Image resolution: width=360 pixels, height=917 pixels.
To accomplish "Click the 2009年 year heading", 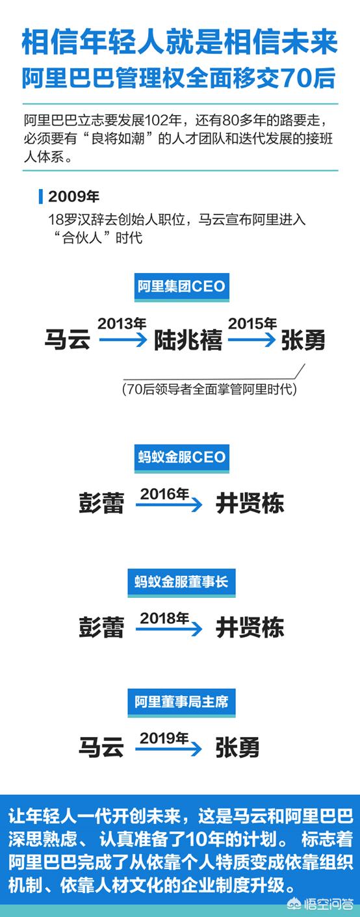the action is [73, 196].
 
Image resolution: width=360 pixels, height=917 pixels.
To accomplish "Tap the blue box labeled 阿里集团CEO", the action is [181, 287].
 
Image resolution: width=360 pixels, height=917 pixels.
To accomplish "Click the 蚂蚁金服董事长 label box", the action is [181, 582].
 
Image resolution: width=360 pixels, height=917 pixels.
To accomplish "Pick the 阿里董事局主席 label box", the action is [181, 703].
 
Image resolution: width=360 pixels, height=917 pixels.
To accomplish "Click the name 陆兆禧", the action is [188, 341].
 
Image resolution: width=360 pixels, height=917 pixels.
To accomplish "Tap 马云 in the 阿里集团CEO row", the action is [67, 340].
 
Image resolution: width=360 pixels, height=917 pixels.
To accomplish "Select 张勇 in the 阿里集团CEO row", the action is [303, 341].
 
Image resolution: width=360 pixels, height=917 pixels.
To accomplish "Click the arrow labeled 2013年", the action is [123, 339].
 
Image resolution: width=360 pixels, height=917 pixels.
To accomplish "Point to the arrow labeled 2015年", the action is [252, 339].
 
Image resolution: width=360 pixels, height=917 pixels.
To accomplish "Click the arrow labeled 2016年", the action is [169, 504].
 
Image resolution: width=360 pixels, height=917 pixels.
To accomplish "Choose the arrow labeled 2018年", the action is [169, 628].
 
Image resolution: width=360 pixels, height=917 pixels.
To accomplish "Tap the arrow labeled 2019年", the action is [169, 749].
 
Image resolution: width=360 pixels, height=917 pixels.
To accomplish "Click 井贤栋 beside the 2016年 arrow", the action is [250, 504].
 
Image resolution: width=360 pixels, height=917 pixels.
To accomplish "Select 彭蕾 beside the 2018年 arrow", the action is [101, 628].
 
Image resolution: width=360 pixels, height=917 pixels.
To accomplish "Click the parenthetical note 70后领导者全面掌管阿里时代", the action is [209, 389].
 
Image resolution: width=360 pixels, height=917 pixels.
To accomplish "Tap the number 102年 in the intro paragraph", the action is [163, 121].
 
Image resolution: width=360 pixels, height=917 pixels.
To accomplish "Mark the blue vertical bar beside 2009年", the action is [40, 196].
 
